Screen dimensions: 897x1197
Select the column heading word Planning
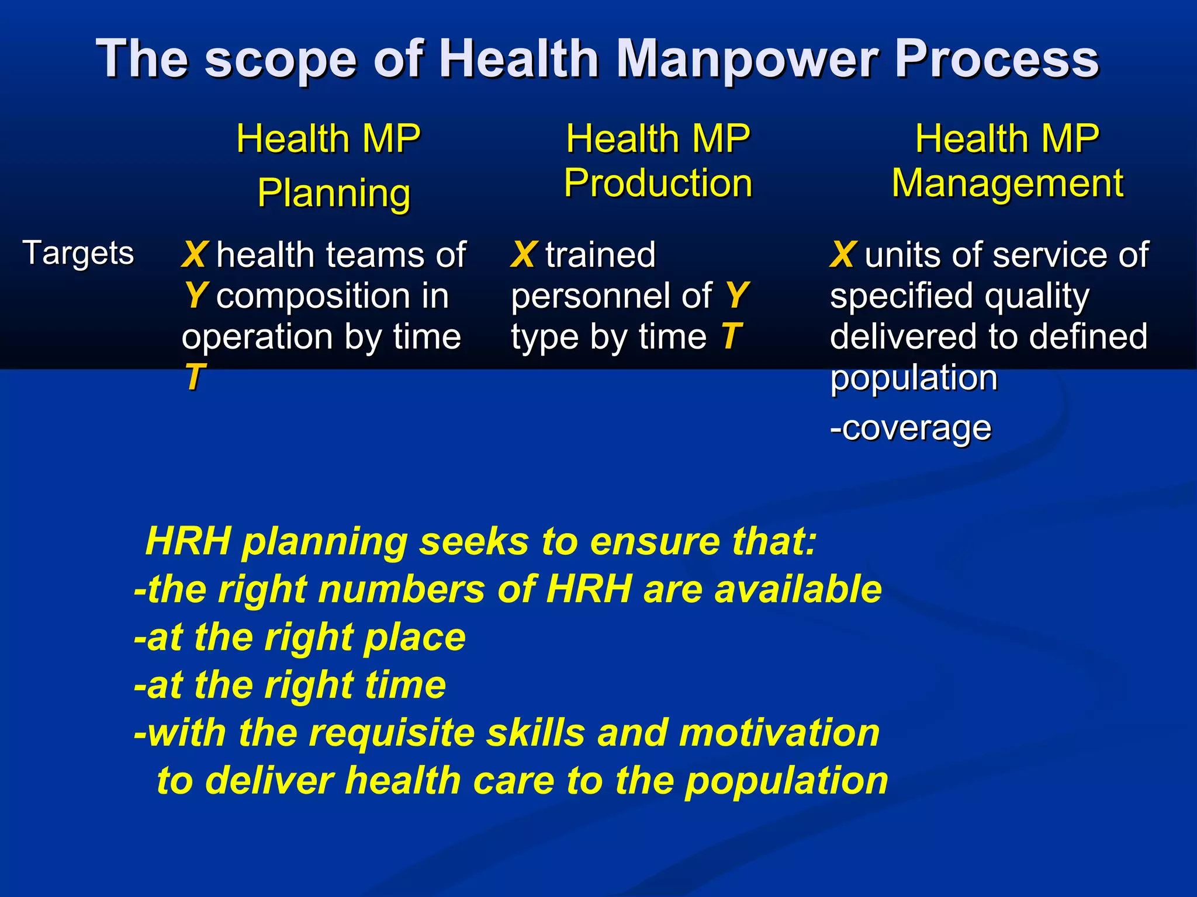click(334, 193)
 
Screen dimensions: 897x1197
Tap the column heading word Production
click(658, 183)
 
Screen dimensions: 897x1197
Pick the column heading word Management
click(1007, 183)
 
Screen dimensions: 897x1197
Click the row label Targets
click(78, 253)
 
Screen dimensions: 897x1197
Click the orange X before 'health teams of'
click(195, 255)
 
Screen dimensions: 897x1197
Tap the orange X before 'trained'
click(524, 255)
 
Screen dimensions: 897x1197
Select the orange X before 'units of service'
click(843, 255)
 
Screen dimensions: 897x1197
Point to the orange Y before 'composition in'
click(195, 295)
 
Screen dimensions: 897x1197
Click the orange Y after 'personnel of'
click(737, 295)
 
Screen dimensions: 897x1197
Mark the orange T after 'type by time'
click(731, 336)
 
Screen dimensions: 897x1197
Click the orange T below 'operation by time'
click(194, 377)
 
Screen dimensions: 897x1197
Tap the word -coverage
click(910, 428)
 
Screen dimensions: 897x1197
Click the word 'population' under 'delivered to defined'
click(914, 378)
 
